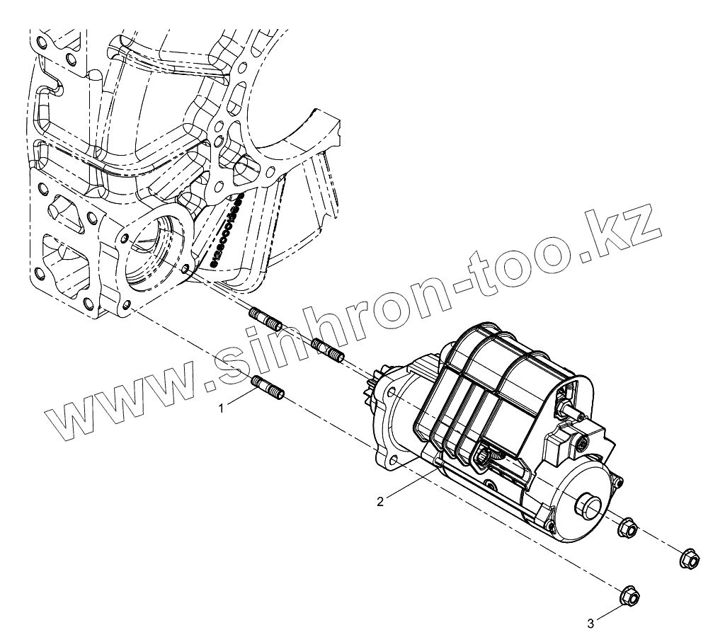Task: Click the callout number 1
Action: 222,408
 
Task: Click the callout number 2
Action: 380,501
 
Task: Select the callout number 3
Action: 590,624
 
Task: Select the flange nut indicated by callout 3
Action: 628,596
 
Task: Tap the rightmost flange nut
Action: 687,558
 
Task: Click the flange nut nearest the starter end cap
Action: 627,527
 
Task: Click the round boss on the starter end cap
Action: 588,507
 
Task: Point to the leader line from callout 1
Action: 241,399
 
